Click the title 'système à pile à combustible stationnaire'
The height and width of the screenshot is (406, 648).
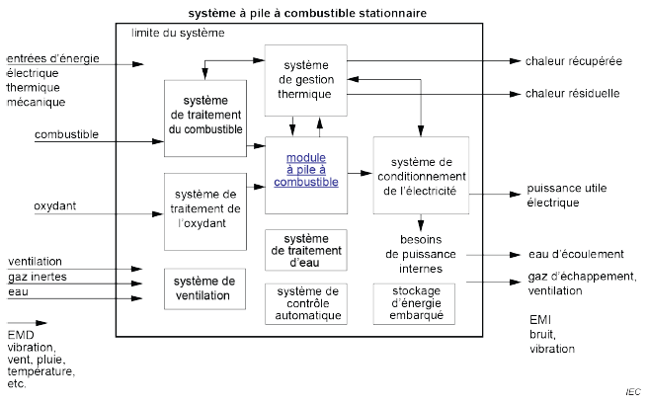coord(322,13)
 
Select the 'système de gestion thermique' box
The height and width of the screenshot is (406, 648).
coord(307,79)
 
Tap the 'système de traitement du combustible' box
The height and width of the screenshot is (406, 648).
coord(204,118)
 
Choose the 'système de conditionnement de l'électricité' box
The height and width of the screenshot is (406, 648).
coord(420,177)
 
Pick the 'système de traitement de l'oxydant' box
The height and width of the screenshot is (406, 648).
coord(204,207)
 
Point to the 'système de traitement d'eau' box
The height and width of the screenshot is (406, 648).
coord(306,252)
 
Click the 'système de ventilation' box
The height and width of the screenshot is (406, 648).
coord(204,287)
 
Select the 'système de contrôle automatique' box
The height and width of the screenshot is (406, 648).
coord(306,303)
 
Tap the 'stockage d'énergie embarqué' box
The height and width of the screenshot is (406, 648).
coord(420,303)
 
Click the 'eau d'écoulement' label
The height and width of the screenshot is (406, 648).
coord(562,255)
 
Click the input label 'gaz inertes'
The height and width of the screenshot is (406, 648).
coord(37,277)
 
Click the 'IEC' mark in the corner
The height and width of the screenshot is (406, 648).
coord(632,392)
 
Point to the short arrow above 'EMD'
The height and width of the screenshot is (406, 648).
coord(27,322)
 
